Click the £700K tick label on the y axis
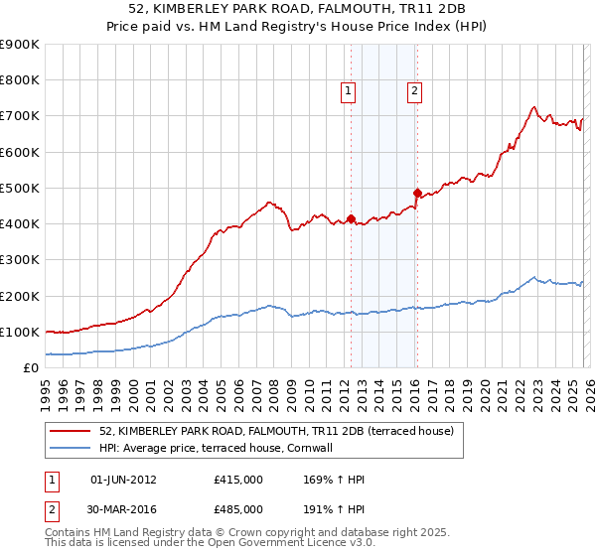point(20,116)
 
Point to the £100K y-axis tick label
point(20,332)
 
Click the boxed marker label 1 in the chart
point(349,91)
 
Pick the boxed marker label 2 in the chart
point(413,91)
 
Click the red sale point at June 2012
point(351,218)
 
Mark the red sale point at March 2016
point(417,193)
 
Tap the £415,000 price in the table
point(238,480)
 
